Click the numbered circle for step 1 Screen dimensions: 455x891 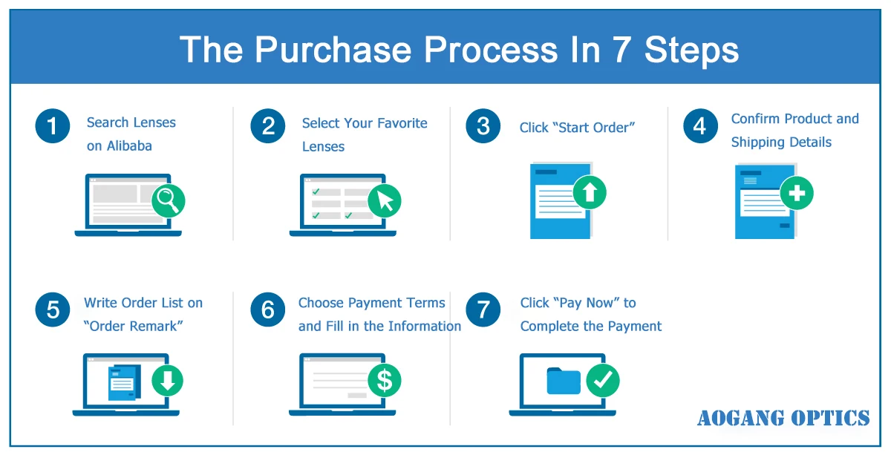[x=52, y=127]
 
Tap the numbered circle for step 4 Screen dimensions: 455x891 [x=699, y=127]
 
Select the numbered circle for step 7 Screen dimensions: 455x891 [x=483, y=308]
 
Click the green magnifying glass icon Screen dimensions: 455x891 [x=169, y=200]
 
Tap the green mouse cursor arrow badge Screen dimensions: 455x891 [x=384, y=200]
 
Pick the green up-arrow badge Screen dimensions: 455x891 [x=590, y=193]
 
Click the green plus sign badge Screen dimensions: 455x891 [x=797, y=194]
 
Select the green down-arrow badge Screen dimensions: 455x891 [x=167, y=381]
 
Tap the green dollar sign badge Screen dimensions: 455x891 [x=384, y=381]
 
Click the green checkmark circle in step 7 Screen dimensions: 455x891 [x=602, y=381]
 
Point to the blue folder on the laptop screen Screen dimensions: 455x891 [x=563, y=380]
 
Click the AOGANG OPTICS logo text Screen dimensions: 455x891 [x=783, y=419]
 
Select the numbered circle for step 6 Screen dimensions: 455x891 [x=268, y=308]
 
